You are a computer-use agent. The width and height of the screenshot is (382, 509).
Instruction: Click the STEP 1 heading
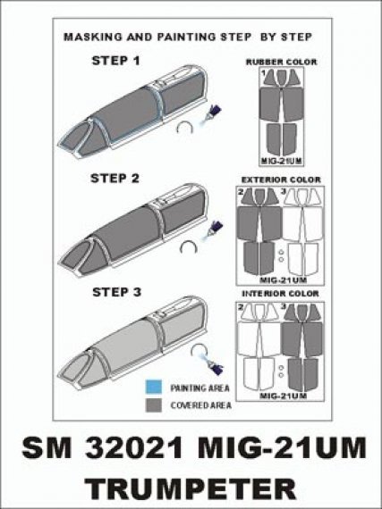click(115, 61)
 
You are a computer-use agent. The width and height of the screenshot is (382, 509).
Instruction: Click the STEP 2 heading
click(115, 179)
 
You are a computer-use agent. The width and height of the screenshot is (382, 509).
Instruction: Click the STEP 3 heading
click(116, 292)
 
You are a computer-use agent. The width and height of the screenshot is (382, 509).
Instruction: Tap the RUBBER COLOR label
click(281, 62)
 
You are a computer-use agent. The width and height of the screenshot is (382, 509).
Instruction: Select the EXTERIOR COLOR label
click(281, 179)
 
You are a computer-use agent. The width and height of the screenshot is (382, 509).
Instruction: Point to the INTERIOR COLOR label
click(280, 294)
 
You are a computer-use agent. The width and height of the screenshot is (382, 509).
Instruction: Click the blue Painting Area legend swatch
click(154, 387)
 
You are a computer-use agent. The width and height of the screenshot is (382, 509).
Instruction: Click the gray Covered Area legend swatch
click(154, 405)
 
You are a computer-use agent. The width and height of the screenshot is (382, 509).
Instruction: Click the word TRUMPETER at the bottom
click(191, 489)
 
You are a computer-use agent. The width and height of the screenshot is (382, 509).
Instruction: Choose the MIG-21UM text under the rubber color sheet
click(281, 162)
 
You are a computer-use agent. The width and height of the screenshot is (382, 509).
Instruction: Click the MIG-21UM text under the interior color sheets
click(284, 396)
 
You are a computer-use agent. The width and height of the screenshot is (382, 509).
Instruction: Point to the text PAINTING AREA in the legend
click(199, 388)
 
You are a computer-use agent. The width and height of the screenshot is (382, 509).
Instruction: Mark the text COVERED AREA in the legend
click(201, 405)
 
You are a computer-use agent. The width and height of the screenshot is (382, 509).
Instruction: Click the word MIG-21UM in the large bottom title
click(282, 448)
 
